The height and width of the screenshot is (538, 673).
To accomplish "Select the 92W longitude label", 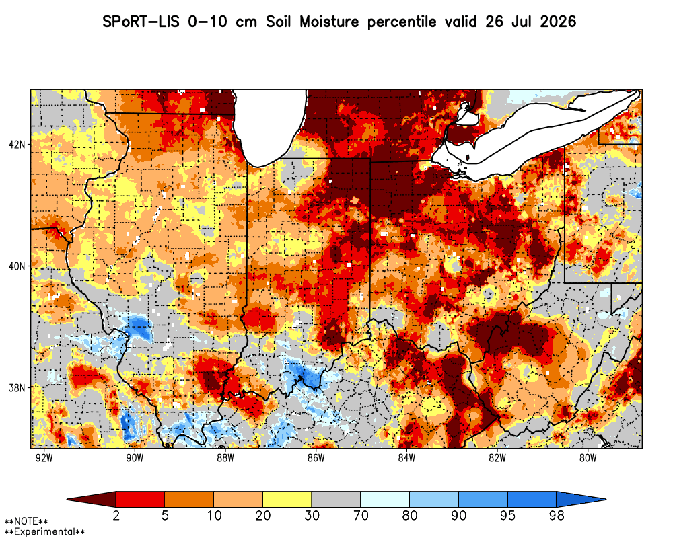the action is click(44, 458).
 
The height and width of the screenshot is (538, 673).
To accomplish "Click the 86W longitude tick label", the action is click(316, 458).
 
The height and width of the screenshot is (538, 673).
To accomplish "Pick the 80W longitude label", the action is click(588, 458).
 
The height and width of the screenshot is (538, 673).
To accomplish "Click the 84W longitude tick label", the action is click(407, 458).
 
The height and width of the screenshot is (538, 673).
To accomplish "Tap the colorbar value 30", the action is click(312, 515).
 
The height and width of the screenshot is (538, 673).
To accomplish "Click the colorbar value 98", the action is click(557, 515).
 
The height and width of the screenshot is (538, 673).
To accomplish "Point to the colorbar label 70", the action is click(361, 515).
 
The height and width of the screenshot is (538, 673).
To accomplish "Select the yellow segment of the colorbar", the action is click(287, 500).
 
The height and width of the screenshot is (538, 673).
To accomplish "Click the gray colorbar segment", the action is click(336, 500).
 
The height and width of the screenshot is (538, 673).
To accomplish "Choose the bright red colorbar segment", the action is click(141, 500).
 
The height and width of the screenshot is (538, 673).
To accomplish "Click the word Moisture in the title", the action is click(329, 22).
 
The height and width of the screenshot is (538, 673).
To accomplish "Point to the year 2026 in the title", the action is click(558, 22).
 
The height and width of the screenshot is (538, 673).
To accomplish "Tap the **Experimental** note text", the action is click(44, 532).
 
